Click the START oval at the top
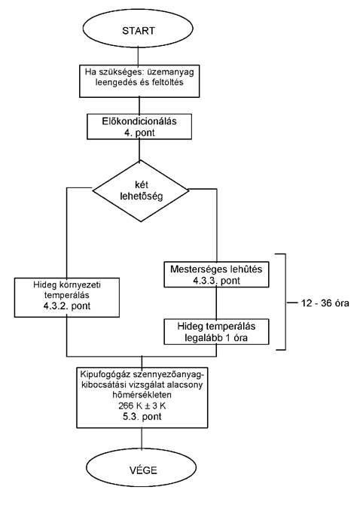pos(138,30)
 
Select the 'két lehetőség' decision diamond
pos(141,191)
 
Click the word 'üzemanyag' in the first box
pos(177,72)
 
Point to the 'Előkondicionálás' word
pos(139,121)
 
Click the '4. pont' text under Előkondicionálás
pos(139,133)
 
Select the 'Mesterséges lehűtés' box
pos(216,275)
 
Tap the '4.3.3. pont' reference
pos(217,281)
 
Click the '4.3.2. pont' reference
pos(67,306)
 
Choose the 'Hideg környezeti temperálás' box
pos(67,297)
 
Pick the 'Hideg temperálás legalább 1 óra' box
pos(216,332)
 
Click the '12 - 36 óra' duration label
pos(325,303)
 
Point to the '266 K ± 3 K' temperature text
pos(142,406)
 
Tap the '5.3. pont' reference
pos(142,417)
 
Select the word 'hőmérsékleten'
pos(142,395)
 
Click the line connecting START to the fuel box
pos(138,56)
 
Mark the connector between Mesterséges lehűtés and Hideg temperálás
pos(216,303)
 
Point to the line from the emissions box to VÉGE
pos(142,439)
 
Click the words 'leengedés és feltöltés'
pos(139,82)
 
